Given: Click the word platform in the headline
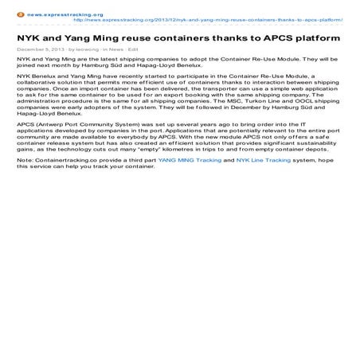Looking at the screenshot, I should pos(316,38).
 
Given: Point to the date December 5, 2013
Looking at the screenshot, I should pos(40,49).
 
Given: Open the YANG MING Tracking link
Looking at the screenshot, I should pos(190,183).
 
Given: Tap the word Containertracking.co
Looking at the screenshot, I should pos(59,183).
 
